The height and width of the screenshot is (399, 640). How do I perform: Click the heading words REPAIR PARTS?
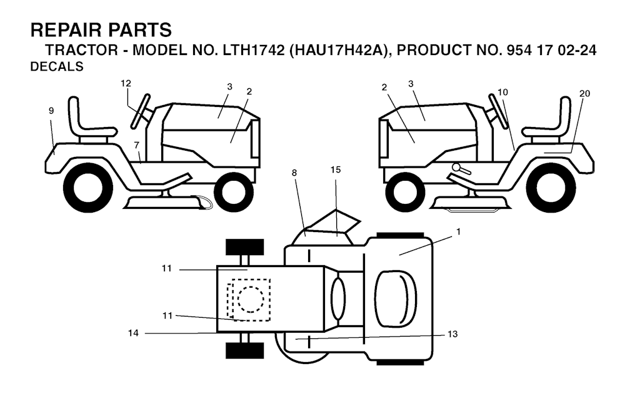click(x=101, y=30)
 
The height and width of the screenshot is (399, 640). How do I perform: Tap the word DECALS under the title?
click(x=56, y=68)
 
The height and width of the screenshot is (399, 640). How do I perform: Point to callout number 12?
click(x=126, y=83)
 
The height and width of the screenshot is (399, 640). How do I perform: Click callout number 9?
click(x=51, y=111)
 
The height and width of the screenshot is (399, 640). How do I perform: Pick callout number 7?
click(x=136, y=145)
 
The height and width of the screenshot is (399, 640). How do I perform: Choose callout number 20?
click(x=584, y=93)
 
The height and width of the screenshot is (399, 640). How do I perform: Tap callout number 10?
click(x=503, y=92)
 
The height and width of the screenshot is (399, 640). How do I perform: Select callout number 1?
click(x=458, y=231)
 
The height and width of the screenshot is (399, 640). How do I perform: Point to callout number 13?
click(x=452, y=335)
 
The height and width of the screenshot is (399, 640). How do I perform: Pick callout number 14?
click(x=133, y=334)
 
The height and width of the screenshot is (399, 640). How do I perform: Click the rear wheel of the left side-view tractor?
click(x=89, y=184)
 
